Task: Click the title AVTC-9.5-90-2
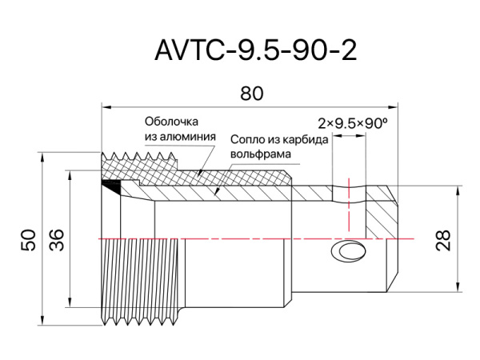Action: coord(255,50)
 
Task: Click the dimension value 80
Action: coord(251,94)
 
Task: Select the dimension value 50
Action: coord(28,240)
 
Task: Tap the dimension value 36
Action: coord(57,240)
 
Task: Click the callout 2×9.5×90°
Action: coord(352,124)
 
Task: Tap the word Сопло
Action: coord(249,139)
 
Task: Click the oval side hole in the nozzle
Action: coord(350,252)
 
